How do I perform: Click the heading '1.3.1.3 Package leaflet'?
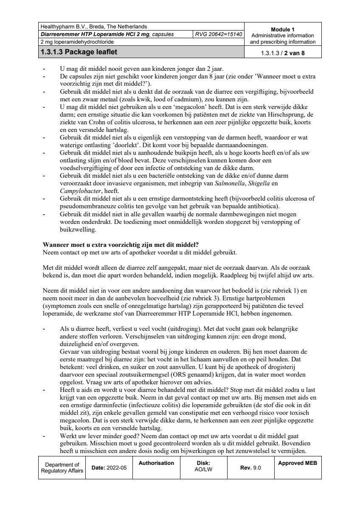click(79, 53)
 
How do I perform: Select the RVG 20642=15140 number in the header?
click(219, 34)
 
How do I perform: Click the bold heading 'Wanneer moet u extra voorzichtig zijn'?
click(121, 245)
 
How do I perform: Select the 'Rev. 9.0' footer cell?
click(250, 467)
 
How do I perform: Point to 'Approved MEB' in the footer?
click(297, 463)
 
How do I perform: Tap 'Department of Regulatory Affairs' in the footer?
click(62, 467)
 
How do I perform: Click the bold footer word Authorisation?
click(156, 463)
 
